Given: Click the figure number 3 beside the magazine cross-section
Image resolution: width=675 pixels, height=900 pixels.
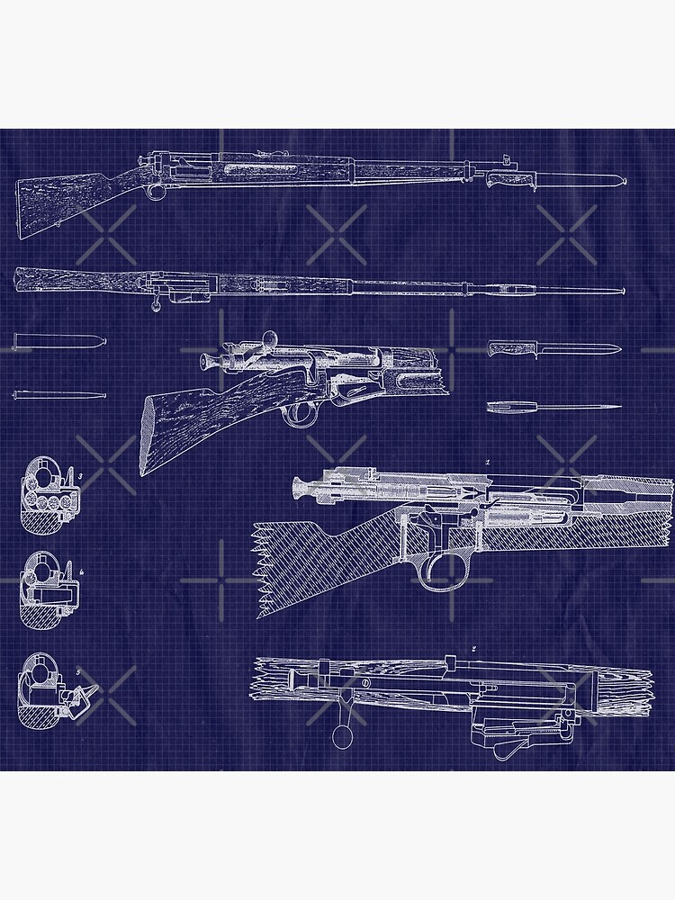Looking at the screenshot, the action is [x=80, y=474].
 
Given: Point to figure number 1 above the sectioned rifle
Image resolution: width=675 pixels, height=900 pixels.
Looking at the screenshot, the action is [x=487, y=463].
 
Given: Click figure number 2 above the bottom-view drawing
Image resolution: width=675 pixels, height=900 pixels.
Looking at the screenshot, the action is [x=473, y=649].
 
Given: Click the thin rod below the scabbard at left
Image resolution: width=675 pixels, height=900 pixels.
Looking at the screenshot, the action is [x=58, y=394].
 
